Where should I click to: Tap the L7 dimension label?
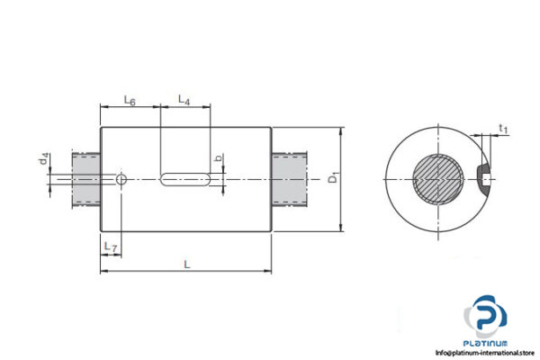click(x=110, y=246)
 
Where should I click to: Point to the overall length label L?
click(x=186, y=264)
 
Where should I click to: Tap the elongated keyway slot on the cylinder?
click(x=188, y=180)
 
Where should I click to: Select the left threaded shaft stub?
click(x=85, y=180)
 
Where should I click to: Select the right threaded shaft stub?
click(x=289, y=180)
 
